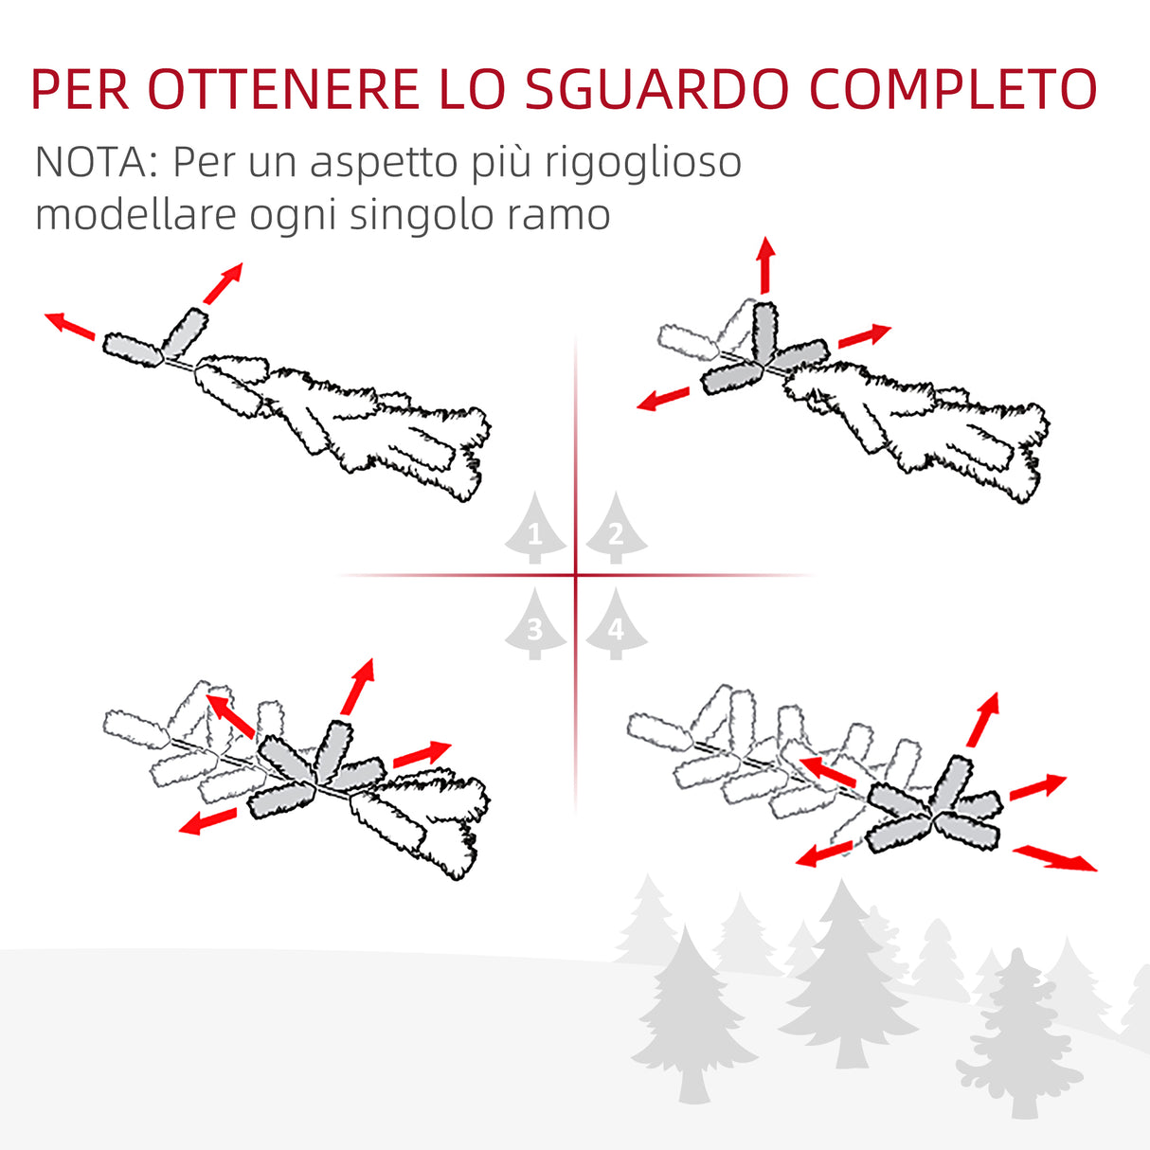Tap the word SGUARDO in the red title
coord(656,90)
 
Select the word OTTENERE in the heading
coord(282,90)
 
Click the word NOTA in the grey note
coord(89,163)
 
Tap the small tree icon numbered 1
coord(534,530)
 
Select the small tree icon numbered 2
coord(616,530)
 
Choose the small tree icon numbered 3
coord(534,624)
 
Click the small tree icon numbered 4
coord(616,624)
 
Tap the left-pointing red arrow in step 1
coord(70,324)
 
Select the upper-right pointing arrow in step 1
coord(224,283)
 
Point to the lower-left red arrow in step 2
coord(663,399)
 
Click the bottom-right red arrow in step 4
coord(1054,858)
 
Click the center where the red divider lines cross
coord(575,575)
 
